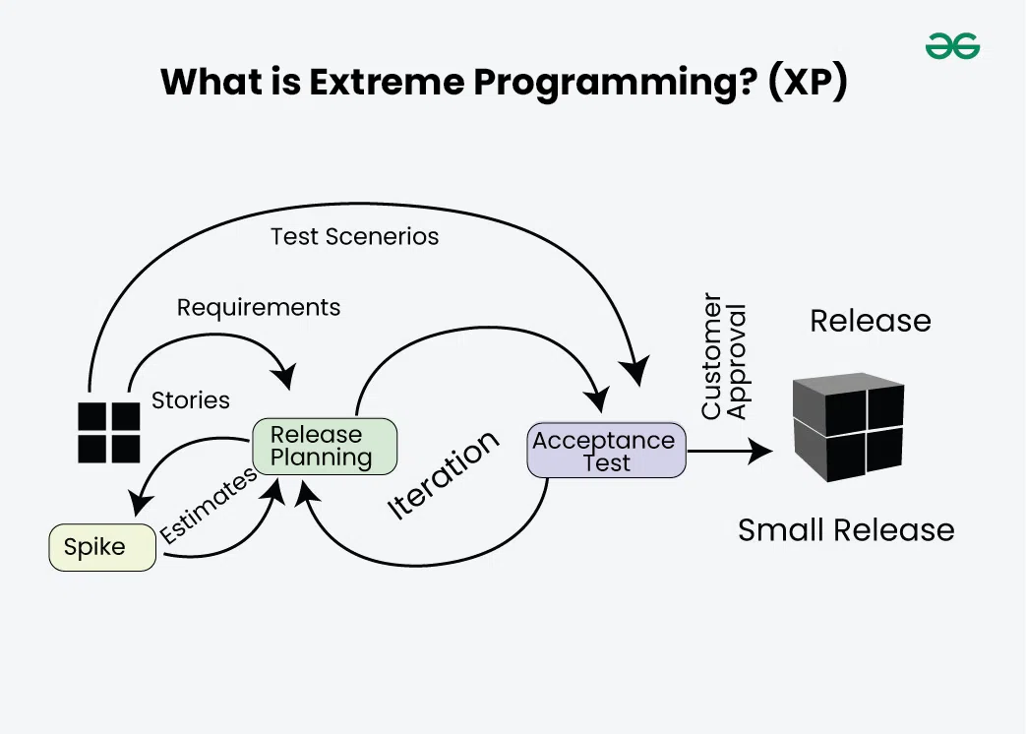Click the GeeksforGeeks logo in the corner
952,46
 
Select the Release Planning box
324,446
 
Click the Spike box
101,548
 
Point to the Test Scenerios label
354,236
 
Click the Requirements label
259,307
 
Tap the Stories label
190,400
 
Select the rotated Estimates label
208,505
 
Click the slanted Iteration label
444,475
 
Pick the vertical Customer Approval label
724,355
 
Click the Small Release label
846,530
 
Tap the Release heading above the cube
870,321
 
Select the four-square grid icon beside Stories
109,432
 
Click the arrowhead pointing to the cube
761,452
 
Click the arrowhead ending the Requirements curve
286,377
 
